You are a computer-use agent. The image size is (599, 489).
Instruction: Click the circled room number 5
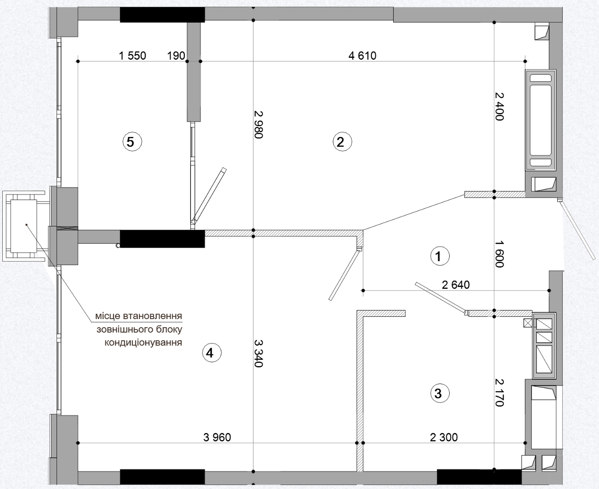132,141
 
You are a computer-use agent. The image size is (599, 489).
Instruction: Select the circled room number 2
342,141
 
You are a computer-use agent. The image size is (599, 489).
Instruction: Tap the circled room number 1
440,256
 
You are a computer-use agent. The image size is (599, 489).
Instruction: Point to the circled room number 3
440,393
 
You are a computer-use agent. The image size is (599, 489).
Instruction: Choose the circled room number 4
212,353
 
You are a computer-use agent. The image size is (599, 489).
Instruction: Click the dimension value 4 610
362,56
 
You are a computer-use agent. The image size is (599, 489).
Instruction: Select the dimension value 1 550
133,56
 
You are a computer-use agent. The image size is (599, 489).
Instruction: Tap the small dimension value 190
176,56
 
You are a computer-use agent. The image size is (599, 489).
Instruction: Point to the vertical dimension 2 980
259,125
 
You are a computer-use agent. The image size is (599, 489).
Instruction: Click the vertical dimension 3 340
259,353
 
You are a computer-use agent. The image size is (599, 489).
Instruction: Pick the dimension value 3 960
217,437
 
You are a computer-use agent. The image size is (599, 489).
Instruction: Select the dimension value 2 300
444,437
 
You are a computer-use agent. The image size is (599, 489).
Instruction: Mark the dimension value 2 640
456,285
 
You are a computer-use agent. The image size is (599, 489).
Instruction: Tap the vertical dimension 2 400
499,106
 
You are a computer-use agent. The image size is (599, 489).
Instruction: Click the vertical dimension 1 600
499,254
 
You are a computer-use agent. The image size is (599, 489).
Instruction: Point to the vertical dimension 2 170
499,392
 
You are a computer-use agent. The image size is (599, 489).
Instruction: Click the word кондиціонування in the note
143,343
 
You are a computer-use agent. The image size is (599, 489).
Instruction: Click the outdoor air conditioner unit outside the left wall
24,226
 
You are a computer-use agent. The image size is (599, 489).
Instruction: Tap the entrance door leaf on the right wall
576,229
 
